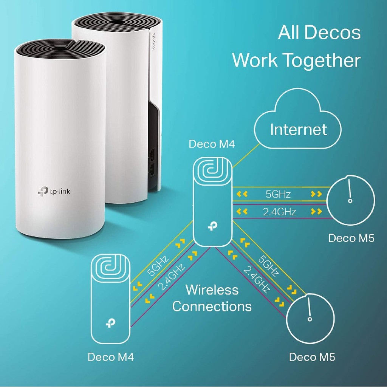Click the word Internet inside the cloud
click(x=298, y=130)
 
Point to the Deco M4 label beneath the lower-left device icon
click(x=111, y=357)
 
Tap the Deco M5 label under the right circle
click(x=351, y=238)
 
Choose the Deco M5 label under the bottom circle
click(x=312, y=357)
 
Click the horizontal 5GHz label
click(x=278, y=194)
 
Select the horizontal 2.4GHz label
click(x=279, y=212)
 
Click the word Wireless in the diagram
click(x=212, y=290)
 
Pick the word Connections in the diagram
click(x=212, y=306)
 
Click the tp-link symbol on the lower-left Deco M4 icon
click(x=110, y=324)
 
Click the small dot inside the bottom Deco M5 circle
click(x=310, y=319)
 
